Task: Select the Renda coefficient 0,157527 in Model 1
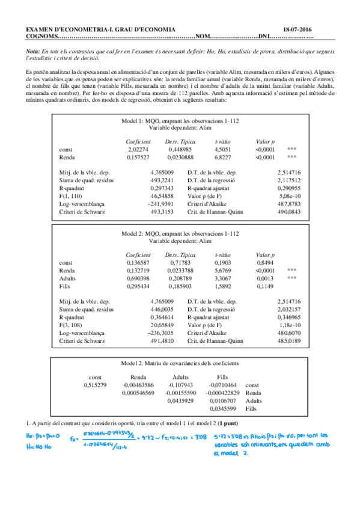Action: [x=139, y=158]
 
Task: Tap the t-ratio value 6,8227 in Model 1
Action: [x=224, y=158]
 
